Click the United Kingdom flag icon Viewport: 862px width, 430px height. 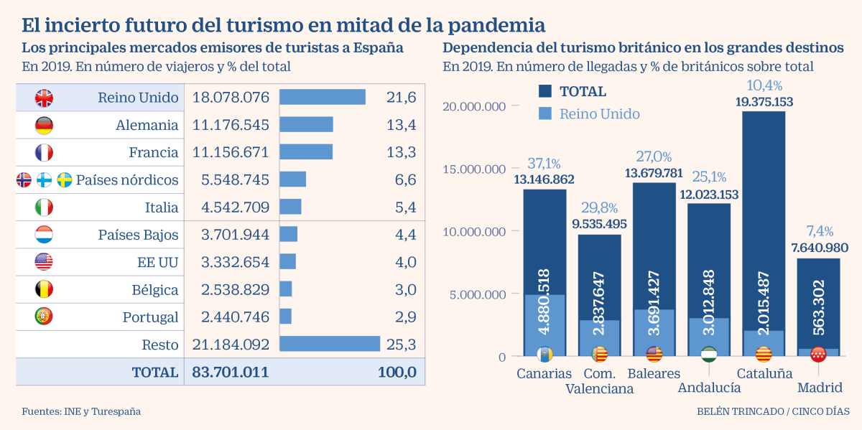44,98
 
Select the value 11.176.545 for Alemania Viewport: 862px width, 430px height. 231,125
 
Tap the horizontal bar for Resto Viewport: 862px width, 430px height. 329,345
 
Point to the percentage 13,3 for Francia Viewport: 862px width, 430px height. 402,152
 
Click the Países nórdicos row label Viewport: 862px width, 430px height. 127,179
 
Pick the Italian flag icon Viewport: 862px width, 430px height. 44,207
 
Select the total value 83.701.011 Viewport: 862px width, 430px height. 231,372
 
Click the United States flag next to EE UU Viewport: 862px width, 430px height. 44,262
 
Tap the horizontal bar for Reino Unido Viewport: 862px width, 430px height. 322,97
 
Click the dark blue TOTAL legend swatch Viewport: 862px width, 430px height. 545,91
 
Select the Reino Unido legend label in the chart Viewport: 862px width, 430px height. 599,113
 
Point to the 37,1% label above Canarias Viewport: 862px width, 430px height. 544,163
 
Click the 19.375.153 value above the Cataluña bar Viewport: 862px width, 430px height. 764,102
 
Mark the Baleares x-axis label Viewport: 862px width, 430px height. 654,374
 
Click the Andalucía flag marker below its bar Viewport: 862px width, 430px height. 708,355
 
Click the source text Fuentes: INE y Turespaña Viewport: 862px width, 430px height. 81,411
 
